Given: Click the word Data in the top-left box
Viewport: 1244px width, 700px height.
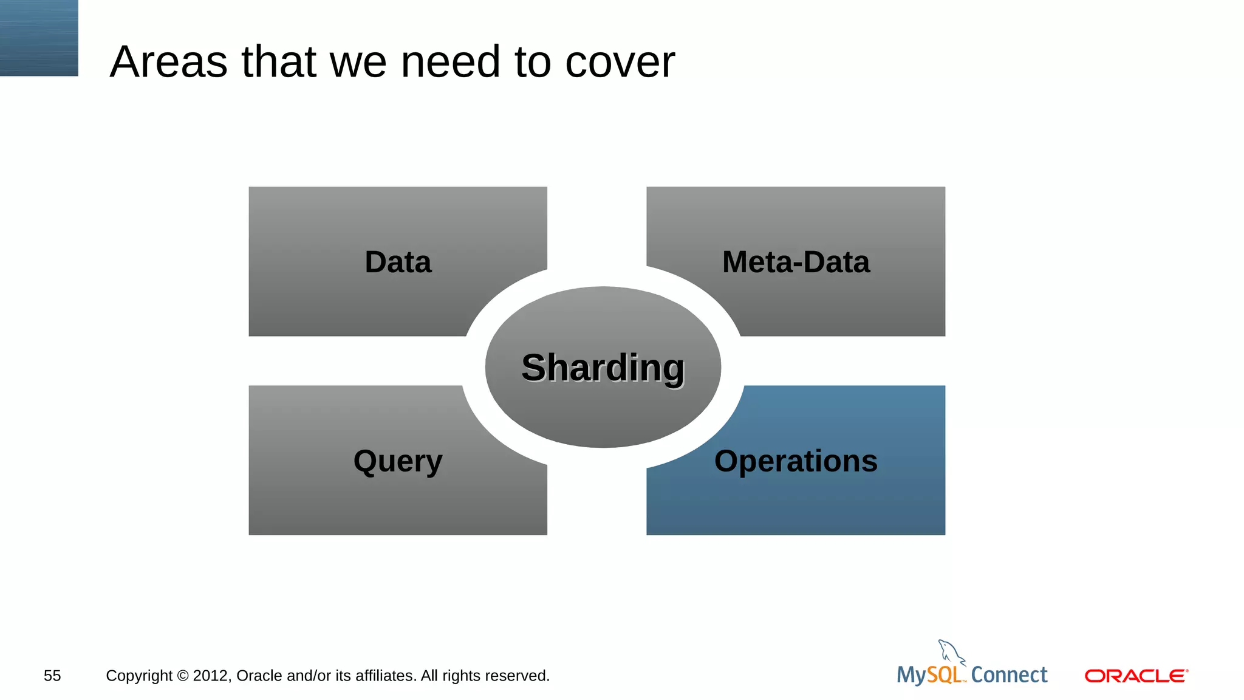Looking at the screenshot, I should click(x=398, y=262).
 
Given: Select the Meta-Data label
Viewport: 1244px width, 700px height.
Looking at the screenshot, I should click(x=796, y=262).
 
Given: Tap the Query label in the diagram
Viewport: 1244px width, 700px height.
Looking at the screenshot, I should click(x=398, y=461).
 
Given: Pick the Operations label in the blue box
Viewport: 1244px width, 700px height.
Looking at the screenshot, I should click(x=796, y=461).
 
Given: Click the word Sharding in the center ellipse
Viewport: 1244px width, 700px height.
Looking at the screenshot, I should click(x=603, y=368).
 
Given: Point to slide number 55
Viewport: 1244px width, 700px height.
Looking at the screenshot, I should click(x=52, y=676).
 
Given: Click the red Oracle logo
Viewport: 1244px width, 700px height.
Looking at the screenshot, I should click(x=1136, y=676).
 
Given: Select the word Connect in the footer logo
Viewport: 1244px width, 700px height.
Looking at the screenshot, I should click(x=1009, y=675).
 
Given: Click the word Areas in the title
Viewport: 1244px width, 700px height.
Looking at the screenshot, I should click(x=169, y=62).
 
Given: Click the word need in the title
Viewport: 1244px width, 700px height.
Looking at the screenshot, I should click(x=450, y=62).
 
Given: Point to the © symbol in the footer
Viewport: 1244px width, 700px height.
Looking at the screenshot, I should click(x=183, y=676).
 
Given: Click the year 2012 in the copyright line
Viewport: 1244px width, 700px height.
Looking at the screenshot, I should click(x=211, y=676).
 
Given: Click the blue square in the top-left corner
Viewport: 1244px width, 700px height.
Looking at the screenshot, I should click(x=39, y=38).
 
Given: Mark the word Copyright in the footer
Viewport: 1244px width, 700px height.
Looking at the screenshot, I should click(x=139, y=676).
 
